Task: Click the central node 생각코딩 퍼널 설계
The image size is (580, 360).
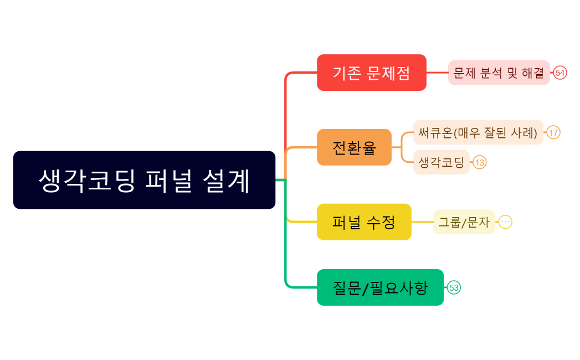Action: coord(144,180)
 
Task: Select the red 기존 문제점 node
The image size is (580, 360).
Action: coord(371,73)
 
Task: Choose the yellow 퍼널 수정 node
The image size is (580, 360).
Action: coord(364,222)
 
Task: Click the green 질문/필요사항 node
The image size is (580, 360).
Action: coord(380,287)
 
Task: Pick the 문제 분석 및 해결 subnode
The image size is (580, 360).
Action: coord(499,73)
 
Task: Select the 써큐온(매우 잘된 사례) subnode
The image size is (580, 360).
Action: coord(478,132)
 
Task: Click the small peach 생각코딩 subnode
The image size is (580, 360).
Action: coord(441,162)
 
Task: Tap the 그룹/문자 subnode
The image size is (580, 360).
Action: coord(464,222)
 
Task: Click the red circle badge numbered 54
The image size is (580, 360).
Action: coord(560,73)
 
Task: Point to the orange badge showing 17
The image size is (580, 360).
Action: coord(553,132)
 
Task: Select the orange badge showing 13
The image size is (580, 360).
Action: coord(480,162)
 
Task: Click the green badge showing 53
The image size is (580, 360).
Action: coord(454,287)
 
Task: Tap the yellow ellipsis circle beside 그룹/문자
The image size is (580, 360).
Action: coord(505,222)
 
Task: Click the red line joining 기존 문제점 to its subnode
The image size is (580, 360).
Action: coord(437,73)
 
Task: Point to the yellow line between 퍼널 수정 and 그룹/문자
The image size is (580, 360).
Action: coord(422,222)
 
